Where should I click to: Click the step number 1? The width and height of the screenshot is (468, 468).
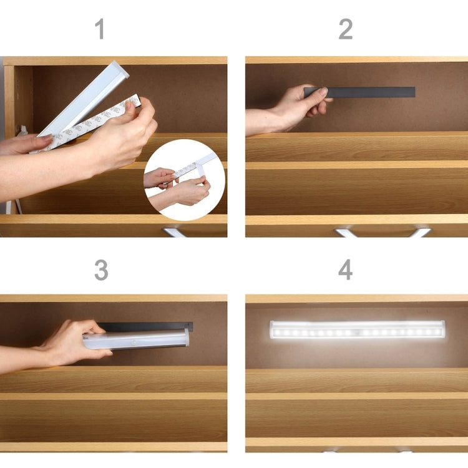tap(99, 29)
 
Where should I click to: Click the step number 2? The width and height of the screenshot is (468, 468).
tap(345, 29)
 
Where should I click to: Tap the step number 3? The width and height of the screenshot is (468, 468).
tap(100, 270)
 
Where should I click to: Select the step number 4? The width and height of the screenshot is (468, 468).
tap(345, 270)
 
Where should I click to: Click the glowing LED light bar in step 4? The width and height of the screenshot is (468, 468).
tap(358, 329)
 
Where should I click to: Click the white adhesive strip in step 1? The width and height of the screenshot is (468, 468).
tap(94, 122)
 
